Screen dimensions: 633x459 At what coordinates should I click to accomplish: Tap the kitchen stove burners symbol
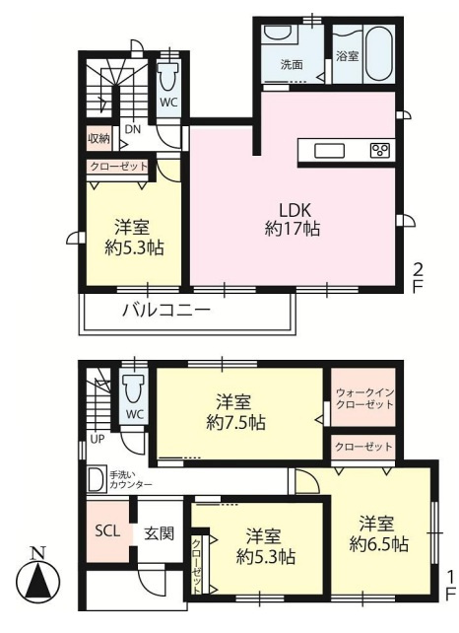click(x=379, y=151)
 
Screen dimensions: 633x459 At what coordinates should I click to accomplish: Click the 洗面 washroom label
click(x=291, y=66)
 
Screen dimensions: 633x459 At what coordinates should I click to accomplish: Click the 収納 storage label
click(x=97, y=139)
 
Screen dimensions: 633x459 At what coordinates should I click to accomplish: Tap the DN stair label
click(x=131, y=129)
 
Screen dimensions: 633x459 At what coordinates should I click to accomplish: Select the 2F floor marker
click(x=418, y=276)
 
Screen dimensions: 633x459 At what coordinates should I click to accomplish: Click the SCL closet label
click(x=106, y=530)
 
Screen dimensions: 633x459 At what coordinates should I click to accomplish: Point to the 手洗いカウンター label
click(x=130, y=478)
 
